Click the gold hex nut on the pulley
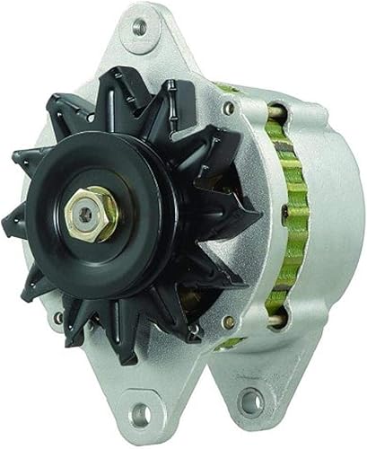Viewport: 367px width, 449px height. (93, 215)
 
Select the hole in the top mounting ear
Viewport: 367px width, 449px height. (139, 27)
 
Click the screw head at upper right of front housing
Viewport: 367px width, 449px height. (228, 108)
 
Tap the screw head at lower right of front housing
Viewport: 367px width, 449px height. (230, 321)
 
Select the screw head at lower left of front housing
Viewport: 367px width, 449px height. (58, 317)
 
